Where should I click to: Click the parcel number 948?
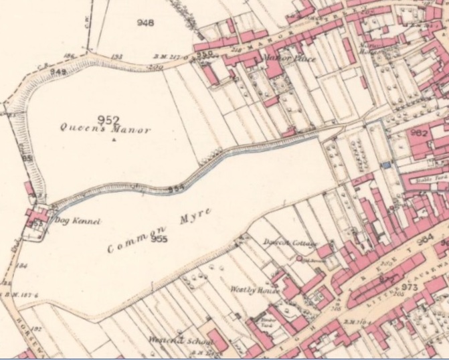145,23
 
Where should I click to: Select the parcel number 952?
108,120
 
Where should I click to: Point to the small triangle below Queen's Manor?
114,141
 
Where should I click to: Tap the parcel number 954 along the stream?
176,189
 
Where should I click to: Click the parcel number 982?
419,134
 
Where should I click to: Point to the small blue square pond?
385,164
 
